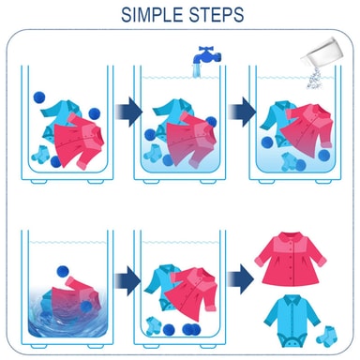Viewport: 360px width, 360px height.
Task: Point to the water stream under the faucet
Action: point(197,71)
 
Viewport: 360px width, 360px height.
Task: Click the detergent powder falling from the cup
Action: point(315,79)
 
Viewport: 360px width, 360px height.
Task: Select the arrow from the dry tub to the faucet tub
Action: point(128,112)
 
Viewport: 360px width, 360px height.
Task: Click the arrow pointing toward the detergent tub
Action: point(242,112)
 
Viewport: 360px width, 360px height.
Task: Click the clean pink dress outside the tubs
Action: point(291,258)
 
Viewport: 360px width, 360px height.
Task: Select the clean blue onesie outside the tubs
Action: point(292,321)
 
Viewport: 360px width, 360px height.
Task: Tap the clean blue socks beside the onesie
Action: point(327,337)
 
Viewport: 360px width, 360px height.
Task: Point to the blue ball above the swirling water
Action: point(63,271)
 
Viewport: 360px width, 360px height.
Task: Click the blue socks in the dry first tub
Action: point(40,155)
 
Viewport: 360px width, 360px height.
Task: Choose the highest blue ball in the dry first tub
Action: point(39,97)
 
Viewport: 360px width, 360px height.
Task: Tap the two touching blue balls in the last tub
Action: point(191,329)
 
